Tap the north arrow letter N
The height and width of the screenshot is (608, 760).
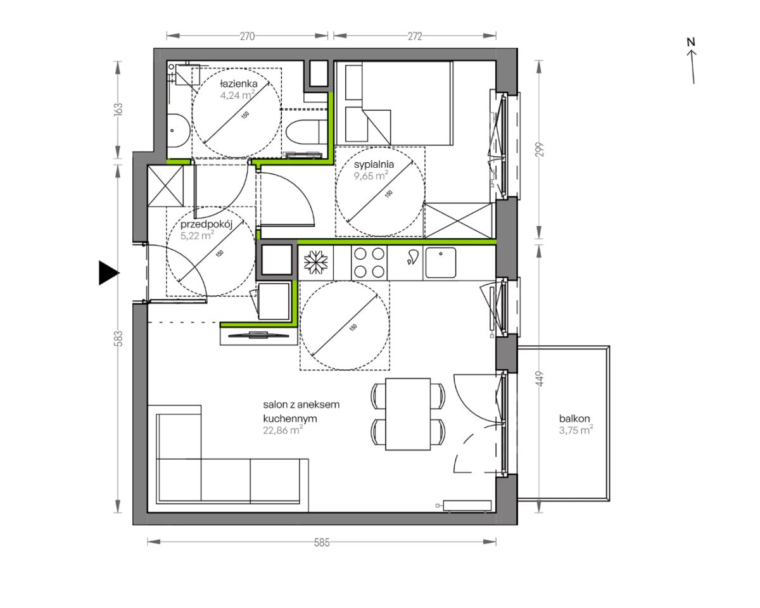(x=691, y=42)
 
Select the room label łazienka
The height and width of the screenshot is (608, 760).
(x=239, y=84)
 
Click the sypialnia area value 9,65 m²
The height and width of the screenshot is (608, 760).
(x=371, y=175)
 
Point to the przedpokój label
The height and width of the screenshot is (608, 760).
(x=206, y=224)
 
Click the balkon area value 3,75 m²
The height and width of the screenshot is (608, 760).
(x=576, y=430)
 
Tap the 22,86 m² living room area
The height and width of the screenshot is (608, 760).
(x=283, y=430)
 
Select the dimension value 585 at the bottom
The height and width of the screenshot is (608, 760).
(x=322, y=542)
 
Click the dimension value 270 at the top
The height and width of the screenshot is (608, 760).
(x=247, y=36)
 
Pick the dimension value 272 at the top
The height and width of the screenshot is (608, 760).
(x=415, y=36)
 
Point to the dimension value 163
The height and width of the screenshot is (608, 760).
(x=119, y=109)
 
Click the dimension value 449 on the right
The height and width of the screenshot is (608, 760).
(x=539, y=379)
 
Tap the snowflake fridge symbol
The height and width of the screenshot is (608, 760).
(x=316, y=262)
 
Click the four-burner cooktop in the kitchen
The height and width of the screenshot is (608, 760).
(x=369, y=262)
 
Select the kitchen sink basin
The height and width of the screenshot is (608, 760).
(x=440, y=262)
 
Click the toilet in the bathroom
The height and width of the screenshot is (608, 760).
(x=306, y=132)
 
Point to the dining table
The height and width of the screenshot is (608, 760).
(x=408, y=414)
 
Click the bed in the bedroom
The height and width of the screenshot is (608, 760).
(x=394, y=103)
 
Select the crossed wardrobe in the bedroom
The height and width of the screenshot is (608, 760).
(x=458, y=220)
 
